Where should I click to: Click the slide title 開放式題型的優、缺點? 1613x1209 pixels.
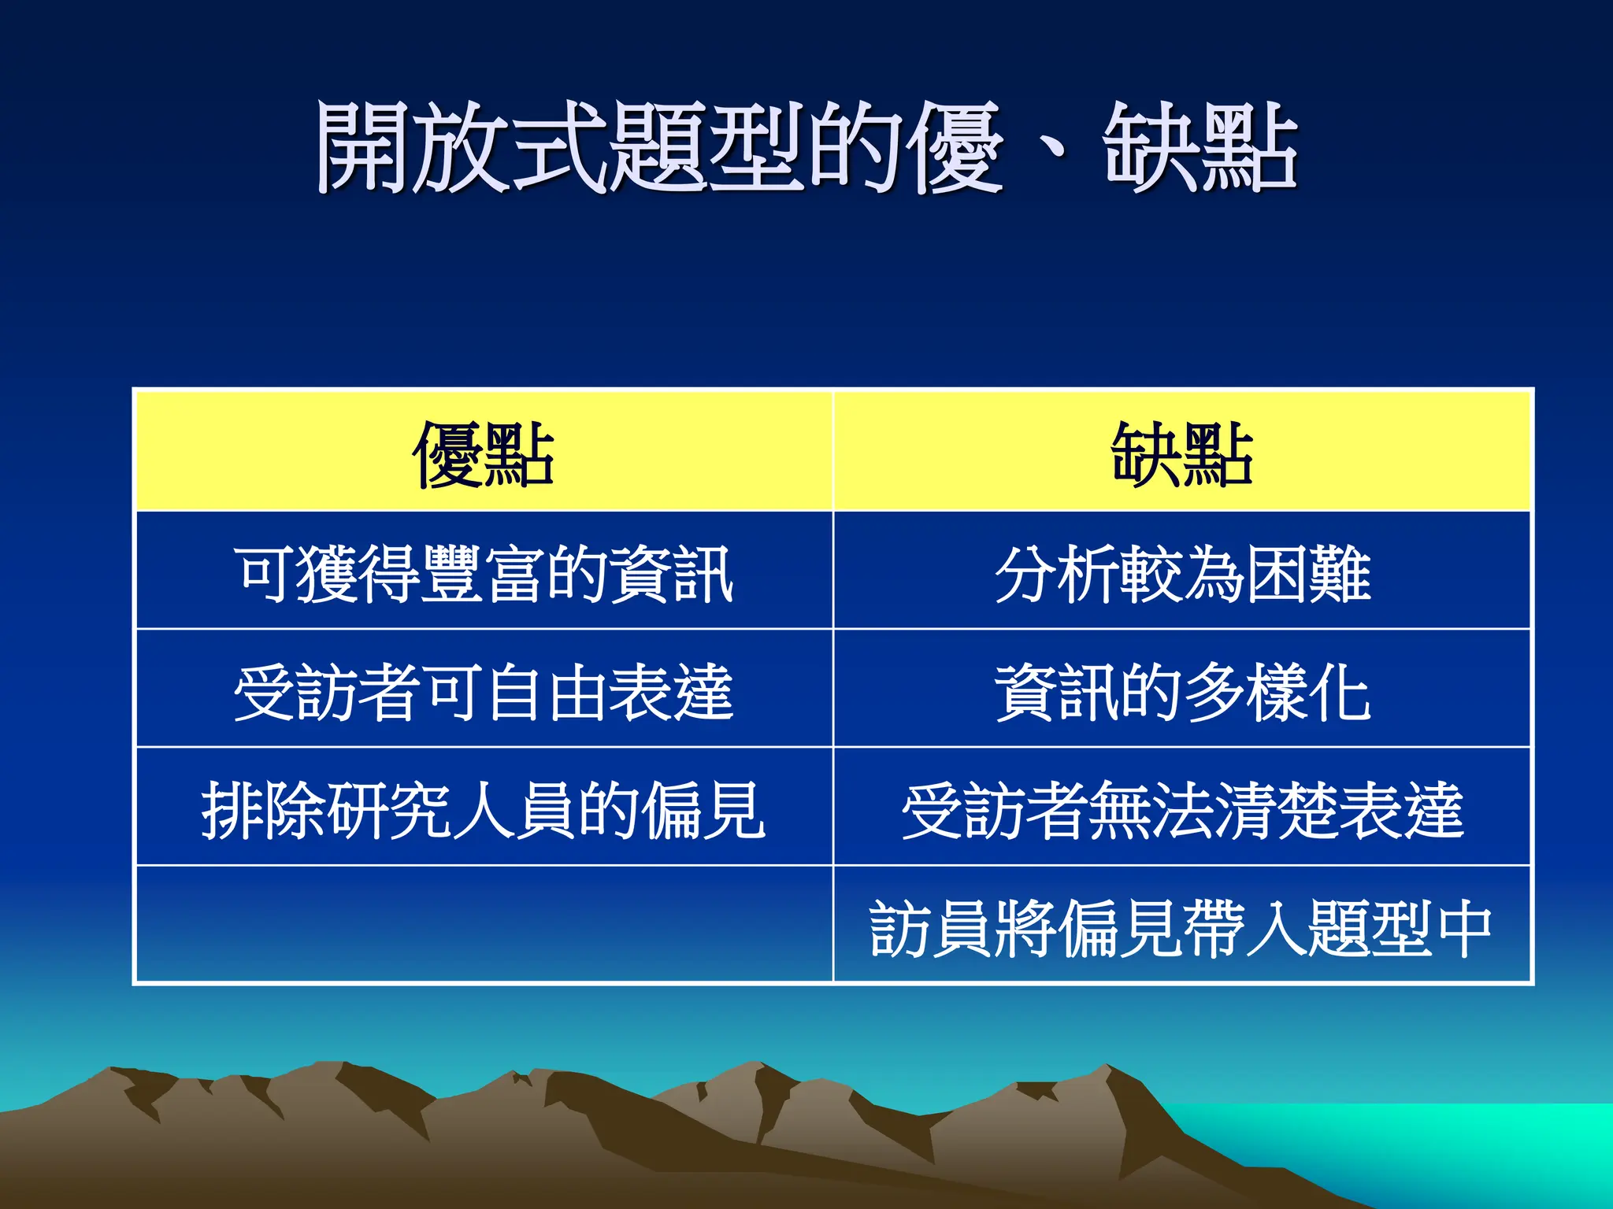click(x=806, y=148)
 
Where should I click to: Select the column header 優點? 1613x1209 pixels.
click(x=484, y=453)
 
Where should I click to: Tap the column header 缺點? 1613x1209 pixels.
click(x=1181, y=453)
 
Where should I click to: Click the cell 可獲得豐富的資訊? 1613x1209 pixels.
click(x=484, y=574)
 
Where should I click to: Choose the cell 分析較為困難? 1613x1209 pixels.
click(x=1181, y=574)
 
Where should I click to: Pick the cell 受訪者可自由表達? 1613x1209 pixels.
click(x=484, y=692)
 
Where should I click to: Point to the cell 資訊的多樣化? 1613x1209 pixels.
click(x=1181, y=692)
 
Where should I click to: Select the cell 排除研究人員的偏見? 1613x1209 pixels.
click(x=484, y=810)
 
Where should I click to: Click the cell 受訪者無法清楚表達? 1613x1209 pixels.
click(x=1181, y=810)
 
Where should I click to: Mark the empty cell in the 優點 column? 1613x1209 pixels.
click(x=484, y=926)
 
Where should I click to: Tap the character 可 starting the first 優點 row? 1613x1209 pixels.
click(x=265, y=574)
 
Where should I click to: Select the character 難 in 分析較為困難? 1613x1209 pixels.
click(x=1339, y=574)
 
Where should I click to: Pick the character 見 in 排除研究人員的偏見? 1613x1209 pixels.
click(x=734, y=810)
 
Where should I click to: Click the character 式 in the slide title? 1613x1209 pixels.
click(x=559, y=148)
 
